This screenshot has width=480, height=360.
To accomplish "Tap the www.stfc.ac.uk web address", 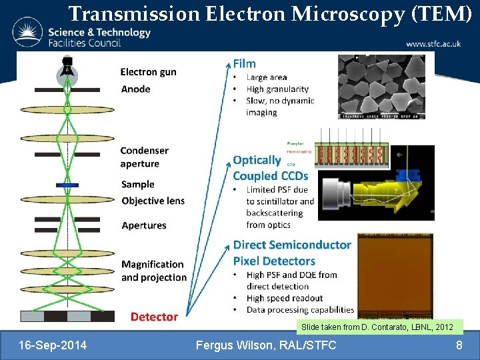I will [x=433, y=44].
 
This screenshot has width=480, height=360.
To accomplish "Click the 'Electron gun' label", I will [x=148, y=72].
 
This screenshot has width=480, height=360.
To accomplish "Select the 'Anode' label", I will [x=135, y=89].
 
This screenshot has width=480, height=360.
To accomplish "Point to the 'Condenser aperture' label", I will [x=144, y=157].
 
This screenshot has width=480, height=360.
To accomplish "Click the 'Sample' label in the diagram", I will [x=137, y=184].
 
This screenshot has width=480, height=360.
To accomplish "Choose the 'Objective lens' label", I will [x=153, y=201].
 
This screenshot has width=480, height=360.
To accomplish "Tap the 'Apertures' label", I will [x=143, y=225].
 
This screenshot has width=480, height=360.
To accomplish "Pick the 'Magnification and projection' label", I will [x=153, y=271].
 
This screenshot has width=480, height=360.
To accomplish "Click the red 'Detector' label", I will [x=154, y=317].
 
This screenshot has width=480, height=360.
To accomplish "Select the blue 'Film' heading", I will [x=244, y=63].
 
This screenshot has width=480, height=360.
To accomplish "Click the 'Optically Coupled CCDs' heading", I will [x=270, y=167].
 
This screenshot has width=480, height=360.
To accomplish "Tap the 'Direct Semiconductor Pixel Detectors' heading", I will [x=291, y=253].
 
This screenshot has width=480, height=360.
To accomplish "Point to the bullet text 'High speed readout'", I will [x=284, y=298].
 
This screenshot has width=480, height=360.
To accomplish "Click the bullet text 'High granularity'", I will [x=277, y=89].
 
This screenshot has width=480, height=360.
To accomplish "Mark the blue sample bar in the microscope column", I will [x=67, y=185].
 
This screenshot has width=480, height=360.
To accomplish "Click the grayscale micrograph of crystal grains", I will [x=381, y=87].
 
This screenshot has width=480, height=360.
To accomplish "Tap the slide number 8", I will [x=459, y=345].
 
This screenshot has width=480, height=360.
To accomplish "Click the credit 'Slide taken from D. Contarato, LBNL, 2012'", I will [x=377, y=327].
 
